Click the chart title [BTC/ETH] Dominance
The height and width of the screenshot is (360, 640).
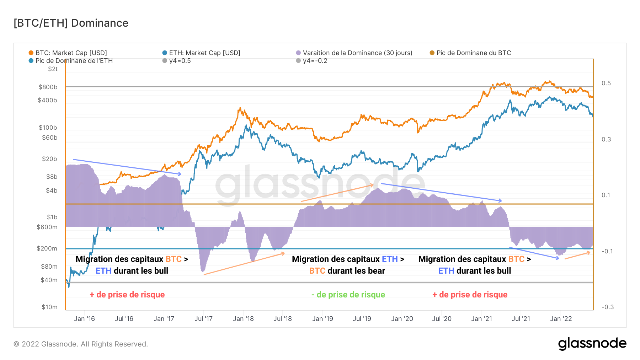71,23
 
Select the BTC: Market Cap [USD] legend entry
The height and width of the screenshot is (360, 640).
71,53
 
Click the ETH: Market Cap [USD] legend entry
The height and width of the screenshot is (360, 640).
204,53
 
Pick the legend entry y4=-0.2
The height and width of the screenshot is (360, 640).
315,61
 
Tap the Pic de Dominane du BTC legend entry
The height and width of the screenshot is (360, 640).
473,53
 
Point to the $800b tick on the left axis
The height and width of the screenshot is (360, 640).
48,87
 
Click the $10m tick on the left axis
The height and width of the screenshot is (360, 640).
49,307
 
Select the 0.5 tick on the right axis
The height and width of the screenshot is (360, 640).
606,83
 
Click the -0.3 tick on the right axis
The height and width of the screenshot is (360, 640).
607,307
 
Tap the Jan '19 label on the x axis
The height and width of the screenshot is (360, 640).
322,319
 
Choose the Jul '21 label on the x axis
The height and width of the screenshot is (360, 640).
521,319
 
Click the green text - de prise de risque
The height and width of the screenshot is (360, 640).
348,295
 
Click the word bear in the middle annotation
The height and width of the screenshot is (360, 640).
376,271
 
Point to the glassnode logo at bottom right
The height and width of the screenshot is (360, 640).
592,344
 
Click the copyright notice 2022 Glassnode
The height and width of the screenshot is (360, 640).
81,344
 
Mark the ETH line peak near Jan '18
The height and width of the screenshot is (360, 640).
246,126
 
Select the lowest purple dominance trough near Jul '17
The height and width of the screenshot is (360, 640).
203,271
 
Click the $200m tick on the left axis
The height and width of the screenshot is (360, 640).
47,248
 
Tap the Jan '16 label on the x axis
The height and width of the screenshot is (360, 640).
84,319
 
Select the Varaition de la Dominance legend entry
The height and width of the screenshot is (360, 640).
357,53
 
